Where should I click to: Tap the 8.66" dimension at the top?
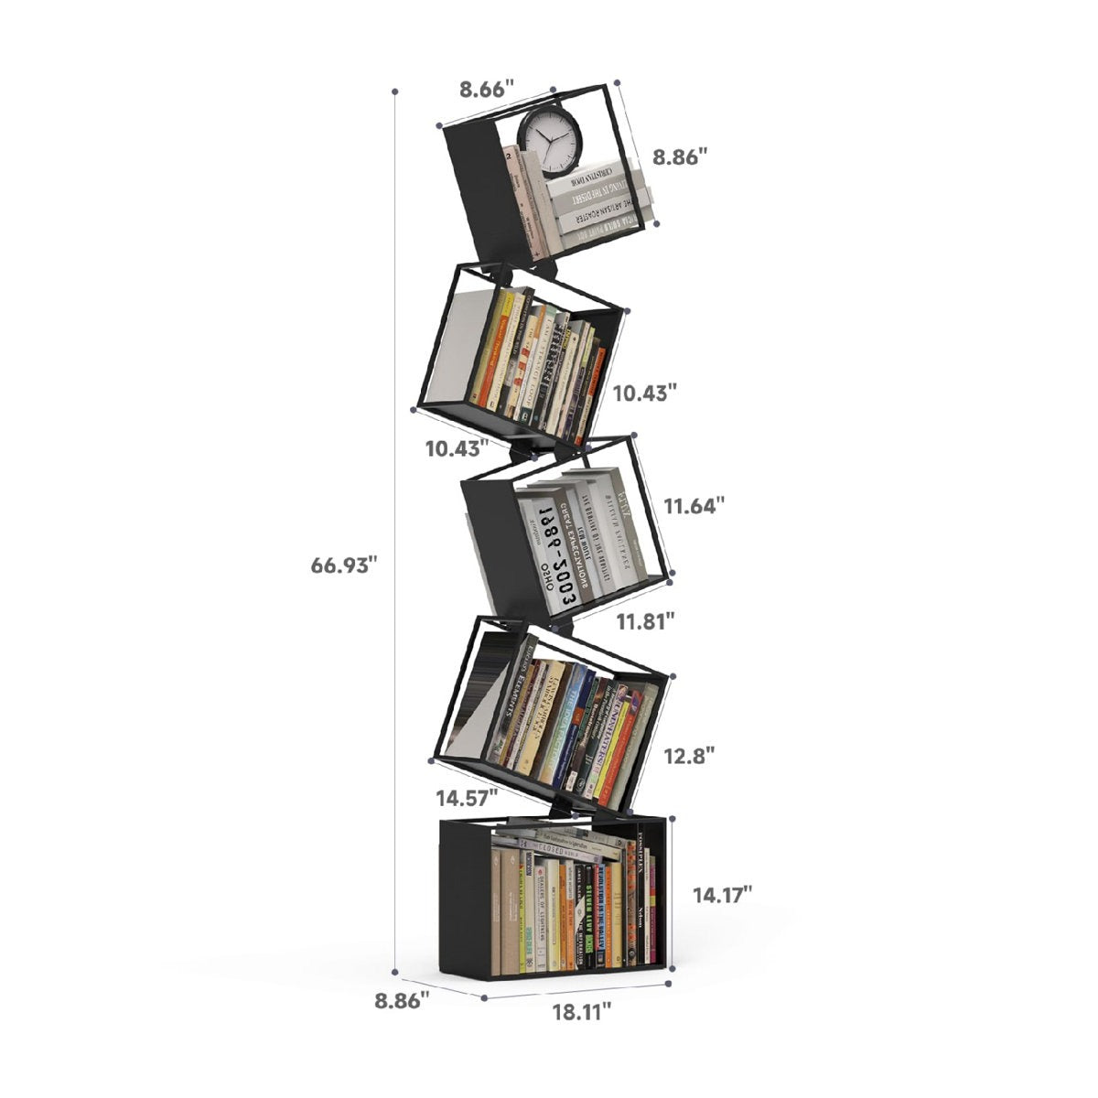click(x=487, y=90)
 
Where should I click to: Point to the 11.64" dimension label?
click(x=694, y=504)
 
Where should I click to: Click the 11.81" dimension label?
click(x=645, y=621)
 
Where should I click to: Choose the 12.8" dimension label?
click(x=690, y=756)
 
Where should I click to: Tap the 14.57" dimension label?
click(x=467, y=798)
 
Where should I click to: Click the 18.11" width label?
click(x=581, y=1011)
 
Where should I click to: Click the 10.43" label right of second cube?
click(x=645, y=393)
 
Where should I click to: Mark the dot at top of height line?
click(x=394, y=91)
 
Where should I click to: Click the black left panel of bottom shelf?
click(x=464, y=897)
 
